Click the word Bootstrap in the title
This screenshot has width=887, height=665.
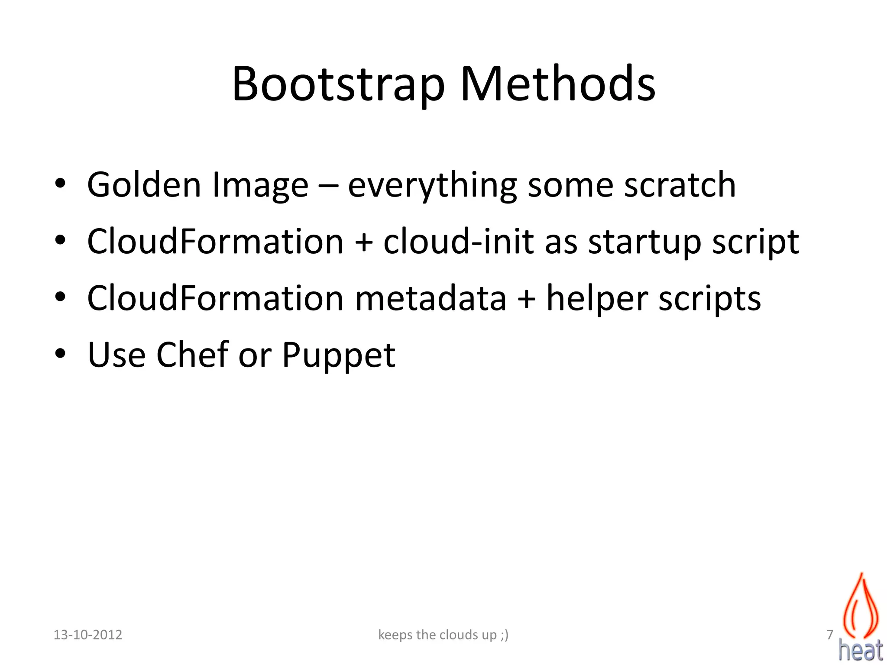[x=338, y=84]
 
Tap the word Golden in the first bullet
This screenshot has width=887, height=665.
[x=144, y=185]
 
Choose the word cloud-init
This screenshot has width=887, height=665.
[x=458, y=241]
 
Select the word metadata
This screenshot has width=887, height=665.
[x=431, y=298]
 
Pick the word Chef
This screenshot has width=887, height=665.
[x=192, y=355]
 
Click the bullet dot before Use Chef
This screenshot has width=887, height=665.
[x=60, y=354]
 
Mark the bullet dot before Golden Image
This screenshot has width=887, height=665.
[x=60, y=184]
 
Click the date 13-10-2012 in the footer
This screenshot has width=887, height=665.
[x=88, y=635]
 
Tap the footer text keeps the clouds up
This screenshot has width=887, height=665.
[x=443, y=635]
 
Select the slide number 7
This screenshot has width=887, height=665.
[x=829, y=635]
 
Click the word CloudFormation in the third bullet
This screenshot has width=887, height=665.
[x=215, y=298]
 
